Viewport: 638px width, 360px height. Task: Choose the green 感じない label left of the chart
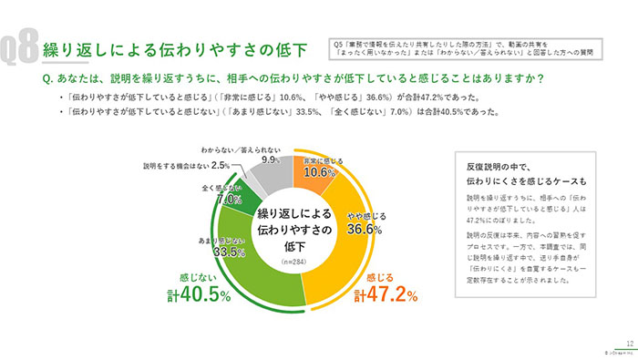click(199, 277)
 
